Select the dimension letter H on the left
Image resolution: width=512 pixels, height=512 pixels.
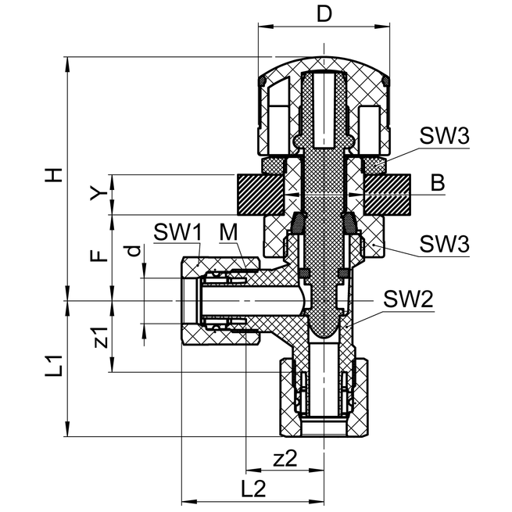coord(53,176)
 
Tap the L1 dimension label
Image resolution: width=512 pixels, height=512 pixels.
coord(52,367)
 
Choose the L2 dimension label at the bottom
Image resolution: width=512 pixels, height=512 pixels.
coord(252,489)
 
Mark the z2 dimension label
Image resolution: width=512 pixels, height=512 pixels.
coord(285,459)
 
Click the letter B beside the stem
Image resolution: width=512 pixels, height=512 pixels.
coord(438,184)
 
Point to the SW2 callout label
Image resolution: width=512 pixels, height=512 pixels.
coord(410,299)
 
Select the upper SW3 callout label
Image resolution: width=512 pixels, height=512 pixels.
coord(443,136)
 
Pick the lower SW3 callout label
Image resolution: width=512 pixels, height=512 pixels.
coord(443,243)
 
